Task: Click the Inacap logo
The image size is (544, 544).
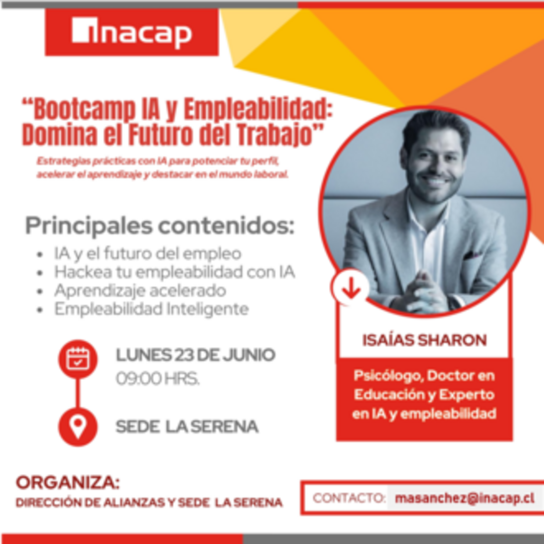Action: tap(132, 33)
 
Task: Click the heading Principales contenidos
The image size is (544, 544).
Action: tap(160, 226)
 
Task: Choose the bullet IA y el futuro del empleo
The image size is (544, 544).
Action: tap(147, 254)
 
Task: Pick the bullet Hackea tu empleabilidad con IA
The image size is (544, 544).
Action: tap(174, 272)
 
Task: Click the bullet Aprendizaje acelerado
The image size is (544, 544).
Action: tap(140, 290)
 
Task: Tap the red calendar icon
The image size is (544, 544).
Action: tap(78, 359)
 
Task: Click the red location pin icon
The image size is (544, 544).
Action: tap(78, 426)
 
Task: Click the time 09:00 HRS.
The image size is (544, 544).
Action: tap(158, 379)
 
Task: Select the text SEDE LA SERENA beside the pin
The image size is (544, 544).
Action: tap(187, 427)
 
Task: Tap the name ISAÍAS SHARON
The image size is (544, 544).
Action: tap(425, 340)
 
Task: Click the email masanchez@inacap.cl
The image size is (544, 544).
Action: tap(465, 498)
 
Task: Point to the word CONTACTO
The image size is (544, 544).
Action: tap(348, 498)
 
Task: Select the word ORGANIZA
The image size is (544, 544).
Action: tap(68, 483)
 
